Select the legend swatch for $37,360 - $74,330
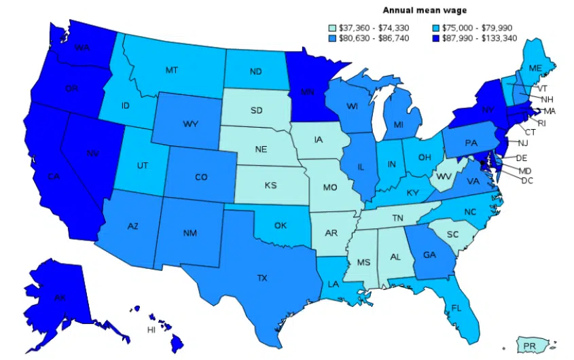pos(332,28)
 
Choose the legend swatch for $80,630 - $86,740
pos(332,38)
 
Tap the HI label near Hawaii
pos(151,330)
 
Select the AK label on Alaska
pos(60,297)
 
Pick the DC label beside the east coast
pos(527,181)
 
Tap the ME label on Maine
pos(535,68)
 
